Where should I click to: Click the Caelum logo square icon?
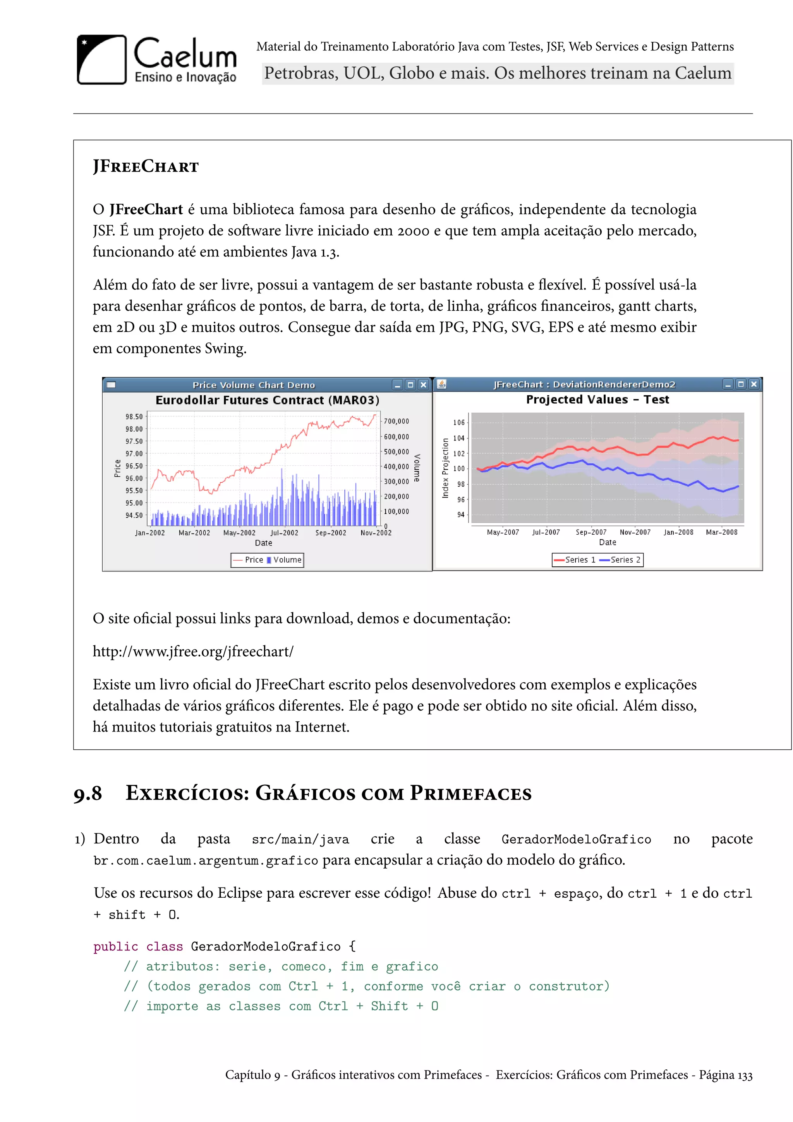pyautogui.click(x=101, y=60)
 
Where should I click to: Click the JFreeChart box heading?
pyautogui.click(x=146, y=167)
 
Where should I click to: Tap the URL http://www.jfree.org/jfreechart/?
pyautogui.click(x=193, y=651)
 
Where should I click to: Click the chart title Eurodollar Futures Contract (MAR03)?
pyautogui.click(x=267, y=400)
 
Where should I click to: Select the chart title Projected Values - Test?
pyautogui.click(x=597, y=400)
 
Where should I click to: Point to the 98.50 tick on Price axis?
pyautogui.click(x=134, y=417)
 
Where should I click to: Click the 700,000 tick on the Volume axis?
pyautogui.click(x=396, y=421)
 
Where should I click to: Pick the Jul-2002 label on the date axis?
pyautogui.click(x=284, y=533)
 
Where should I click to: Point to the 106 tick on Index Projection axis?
pyautogui.click(x=459, y=423)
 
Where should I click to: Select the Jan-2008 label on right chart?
pyautogui.click(x=678, y=532)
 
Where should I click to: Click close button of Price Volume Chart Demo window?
pyautogui.click(x=423, y=385)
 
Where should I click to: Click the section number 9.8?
pyautogui.click(x=88, y=793)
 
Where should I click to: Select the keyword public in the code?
pyautogui.click(x=116, y=946)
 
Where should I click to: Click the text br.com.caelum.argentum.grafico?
pyautogui.click(x=206, y=860)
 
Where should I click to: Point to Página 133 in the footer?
pyautogui.click(x=726, y=1075)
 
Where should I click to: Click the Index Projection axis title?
pyautogui.click(x=445, y=468)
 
